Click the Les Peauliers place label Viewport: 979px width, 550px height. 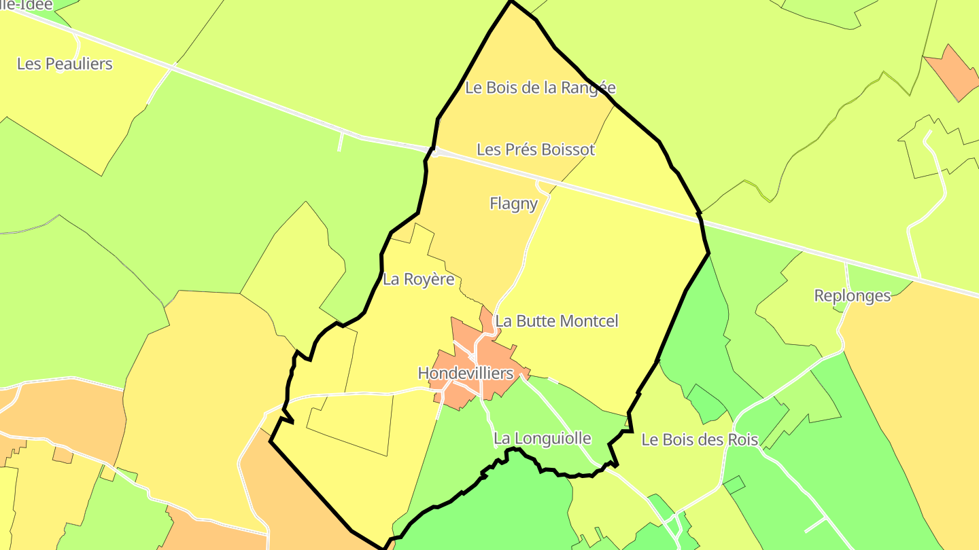tap(65, 64)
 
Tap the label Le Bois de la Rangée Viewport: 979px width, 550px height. tap(540, 88)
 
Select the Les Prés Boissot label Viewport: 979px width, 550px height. tap(536, 149)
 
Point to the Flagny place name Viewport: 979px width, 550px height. tap(513, 203)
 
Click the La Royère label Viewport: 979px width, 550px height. tap(419, 279)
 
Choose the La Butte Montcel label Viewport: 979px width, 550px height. tap(556, 320)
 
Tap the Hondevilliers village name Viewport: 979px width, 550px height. tap(465, 373)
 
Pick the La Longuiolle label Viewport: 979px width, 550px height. tap(542, 439)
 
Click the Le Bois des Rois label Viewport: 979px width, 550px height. tap(700, 439)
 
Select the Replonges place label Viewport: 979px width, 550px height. tap(852, 295)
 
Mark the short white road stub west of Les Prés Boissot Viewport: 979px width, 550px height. tap(340, 141)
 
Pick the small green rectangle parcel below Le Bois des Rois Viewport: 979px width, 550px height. tap(734, 485)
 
